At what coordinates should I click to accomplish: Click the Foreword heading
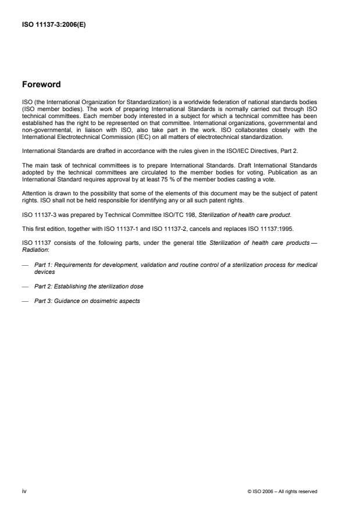pyautogui.click(x=41, y=84)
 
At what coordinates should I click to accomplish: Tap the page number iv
pyautogui.click(x=24, y=491)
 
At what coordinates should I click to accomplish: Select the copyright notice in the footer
pyautogui.click(x=282, y=491)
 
